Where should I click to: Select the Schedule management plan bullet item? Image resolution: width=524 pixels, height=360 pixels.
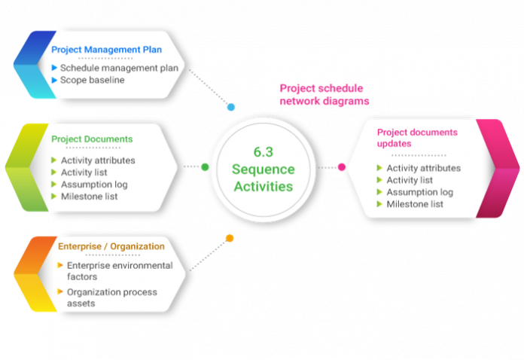pyautogui.click(x=120, y=68)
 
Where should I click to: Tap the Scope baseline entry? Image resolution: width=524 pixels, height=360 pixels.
pyautogui.click(x=93, y=80)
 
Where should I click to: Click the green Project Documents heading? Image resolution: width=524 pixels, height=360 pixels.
pyautogui.click(x=92, y=139)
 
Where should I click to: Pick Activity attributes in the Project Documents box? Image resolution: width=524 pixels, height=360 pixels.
pyautogui.click(x=98, y=160)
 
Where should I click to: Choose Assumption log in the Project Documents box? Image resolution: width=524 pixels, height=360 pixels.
pyautogui.click(x=94, y=185)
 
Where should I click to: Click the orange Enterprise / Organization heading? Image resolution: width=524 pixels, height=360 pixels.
pyautogui.click(x=111, y=246)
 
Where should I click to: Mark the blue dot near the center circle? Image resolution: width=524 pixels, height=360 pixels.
pyautogui.click(x=231, y=108)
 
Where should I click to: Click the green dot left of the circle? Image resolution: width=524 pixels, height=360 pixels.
pyautogui.click(x=205, y=166)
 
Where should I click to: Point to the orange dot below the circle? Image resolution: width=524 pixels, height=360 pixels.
pyautogui.click(x=230, y=238)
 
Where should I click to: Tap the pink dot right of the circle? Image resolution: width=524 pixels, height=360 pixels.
pyautogui.click(x=341, y=166)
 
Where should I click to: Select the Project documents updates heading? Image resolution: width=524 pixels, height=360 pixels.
pyautogui.click(x=416, y=137)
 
